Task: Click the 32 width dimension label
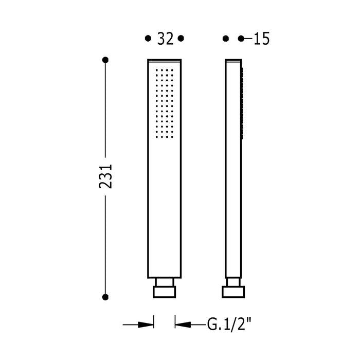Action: coord(165,39)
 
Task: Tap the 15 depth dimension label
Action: coord(261,39)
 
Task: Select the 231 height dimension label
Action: coord(105,176)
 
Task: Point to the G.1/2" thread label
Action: coord(229,324)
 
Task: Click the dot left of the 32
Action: coord(148,39)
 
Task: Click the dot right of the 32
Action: coord(181,39)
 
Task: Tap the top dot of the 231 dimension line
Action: coord(105,60)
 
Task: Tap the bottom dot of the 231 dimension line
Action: coord(105,297)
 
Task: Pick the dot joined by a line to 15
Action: coord(241,39)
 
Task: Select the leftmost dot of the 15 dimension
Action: coord(226,39)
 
